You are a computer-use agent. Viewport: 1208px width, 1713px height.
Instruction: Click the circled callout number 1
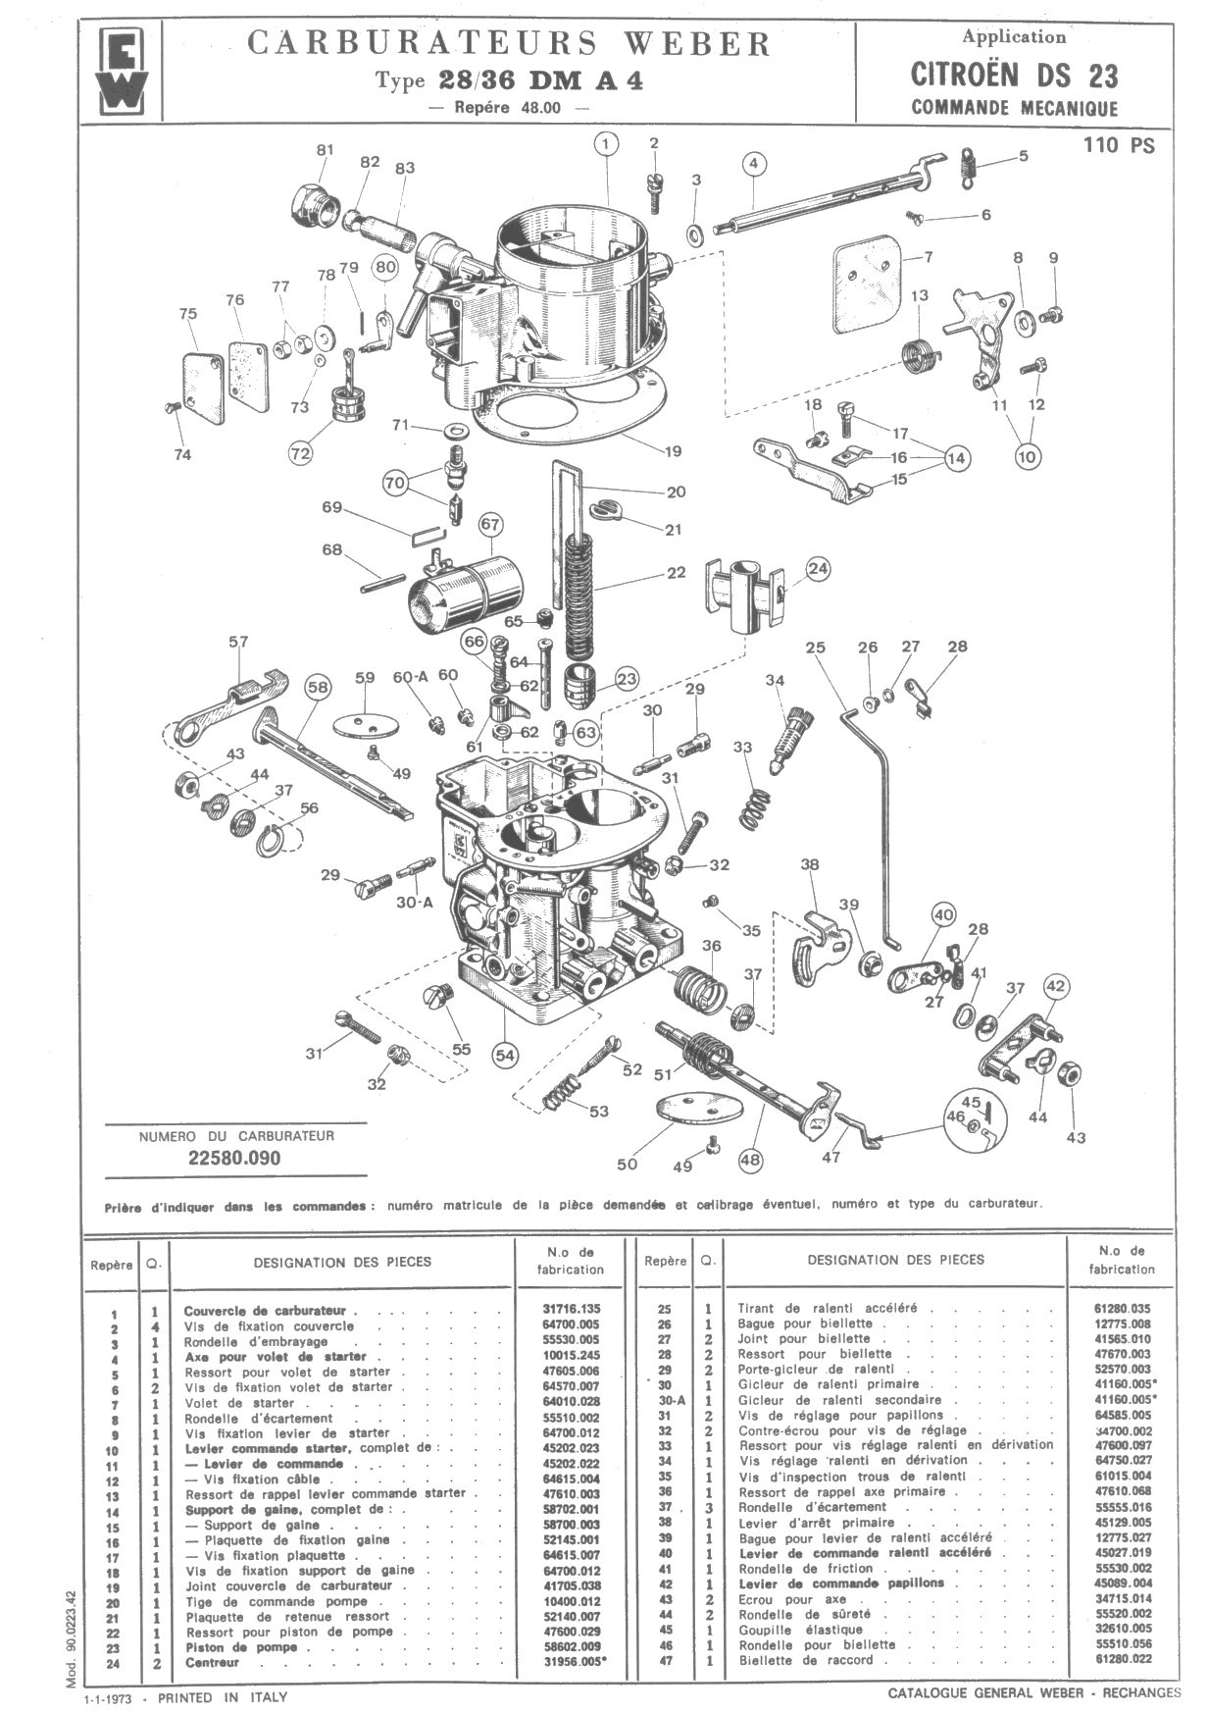coord(607,144)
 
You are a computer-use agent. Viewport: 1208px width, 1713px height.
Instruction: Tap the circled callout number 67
coord(490,525)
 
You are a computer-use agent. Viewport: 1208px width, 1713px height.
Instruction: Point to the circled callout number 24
coord(818,568)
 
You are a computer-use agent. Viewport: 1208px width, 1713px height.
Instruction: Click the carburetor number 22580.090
coord(234,1158)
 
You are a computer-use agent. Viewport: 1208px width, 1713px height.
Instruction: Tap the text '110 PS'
coord(1119,146)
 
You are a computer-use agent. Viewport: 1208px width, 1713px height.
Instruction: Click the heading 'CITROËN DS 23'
coord(1014,76)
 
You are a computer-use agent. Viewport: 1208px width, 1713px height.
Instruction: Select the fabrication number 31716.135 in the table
coord(571,1309)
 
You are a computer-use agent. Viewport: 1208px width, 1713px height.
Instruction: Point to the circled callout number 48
coord(750,1160)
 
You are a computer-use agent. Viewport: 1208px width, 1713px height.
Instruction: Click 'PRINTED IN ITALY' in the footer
coord(223,1696)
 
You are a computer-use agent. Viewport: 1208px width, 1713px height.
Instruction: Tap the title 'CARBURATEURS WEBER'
coord(509,44)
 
